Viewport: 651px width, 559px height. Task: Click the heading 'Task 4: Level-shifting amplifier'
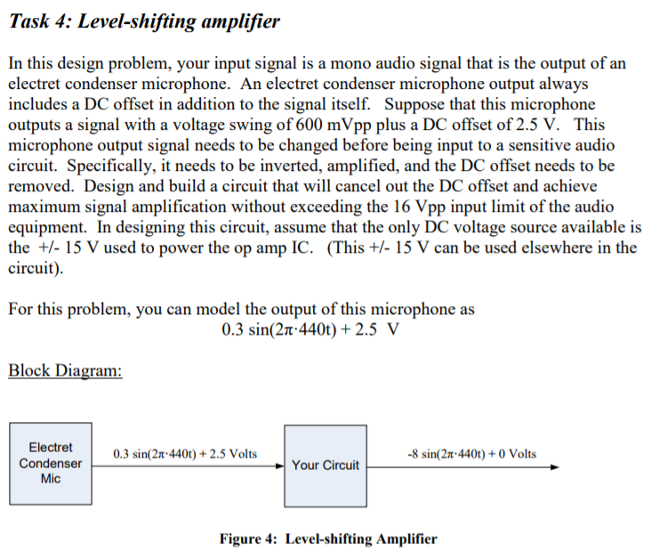tap(143, 20)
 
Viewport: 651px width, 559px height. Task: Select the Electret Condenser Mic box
tap(51, 464)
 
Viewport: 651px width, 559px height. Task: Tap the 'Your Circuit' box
tap(325, 465)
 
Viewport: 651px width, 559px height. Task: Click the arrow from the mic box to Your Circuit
tap(187, 465)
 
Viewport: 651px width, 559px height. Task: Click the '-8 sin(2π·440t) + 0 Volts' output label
tap(470, 453)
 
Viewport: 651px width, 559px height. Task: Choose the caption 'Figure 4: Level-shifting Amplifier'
tap(328, 539)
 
